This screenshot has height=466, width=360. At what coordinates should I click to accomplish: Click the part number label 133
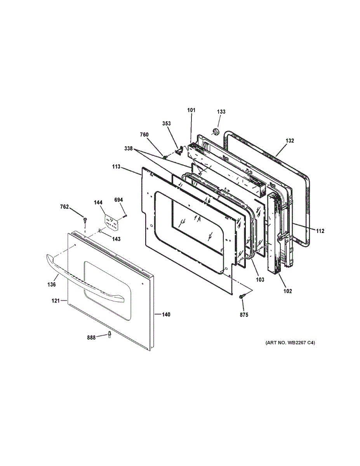click(x=221, y=112)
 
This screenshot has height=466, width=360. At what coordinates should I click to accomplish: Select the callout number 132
click(x=290, y=141)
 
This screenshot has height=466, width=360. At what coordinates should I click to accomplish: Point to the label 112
click(x=320, y=231)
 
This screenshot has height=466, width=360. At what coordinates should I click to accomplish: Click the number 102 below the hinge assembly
click(x=287, y=291)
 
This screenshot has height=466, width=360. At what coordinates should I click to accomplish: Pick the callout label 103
click(x=260, y=280)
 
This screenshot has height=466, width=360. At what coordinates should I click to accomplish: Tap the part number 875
click(x=243, y=315)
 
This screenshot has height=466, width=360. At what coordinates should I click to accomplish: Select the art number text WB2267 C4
click(x=290, y=343)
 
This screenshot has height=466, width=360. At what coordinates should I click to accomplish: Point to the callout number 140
click(x=166, y=315)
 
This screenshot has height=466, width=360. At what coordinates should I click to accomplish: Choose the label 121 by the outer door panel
click(x=56, y=301)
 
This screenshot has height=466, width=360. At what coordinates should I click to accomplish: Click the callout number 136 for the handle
click(x=52, y=284)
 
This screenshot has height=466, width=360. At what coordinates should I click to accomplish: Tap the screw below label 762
click(x=85, y=221)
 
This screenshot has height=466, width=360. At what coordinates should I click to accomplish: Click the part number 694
click(x=118, y=200)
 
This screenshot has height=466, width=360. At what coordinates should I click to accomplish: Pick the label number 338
click(x=129, y=149)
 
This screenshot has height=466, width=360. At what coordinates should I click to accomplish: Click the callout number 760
click(x=144, y=135)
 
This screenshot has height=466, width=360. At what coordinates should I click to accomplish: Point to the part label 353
click(x=167, y=123)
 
